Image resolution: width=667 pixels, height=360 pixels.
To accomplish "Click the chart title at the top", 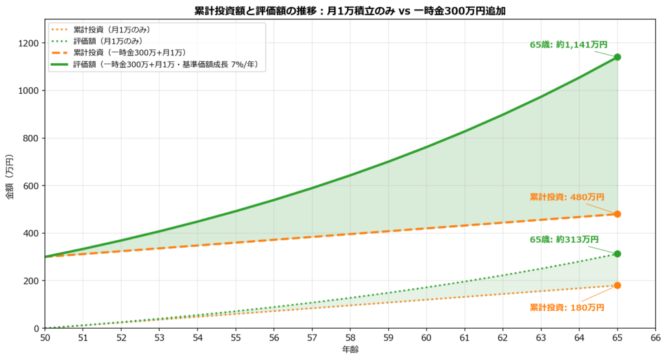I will tap(350, 11).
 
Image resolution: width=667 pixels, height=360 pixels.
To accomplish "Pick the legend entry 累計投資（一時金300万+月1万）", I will tap(120, 53).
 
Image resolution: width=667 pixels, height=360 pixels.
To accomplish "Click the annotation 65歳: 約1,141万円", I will tap(568, 45).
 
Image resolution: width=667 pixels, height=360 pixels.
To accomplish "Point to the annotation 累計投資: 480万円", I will tap(567, 197).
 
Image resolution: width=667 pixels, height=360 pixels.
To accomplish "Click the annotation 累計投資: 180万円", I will tap(567, 307).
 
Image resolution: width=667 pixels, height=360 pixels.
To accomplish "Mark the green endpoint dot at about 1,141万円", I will tap(617, 57).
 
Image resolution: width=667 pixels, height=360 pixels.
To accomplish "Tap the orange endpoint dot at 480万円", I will tap(617, 214).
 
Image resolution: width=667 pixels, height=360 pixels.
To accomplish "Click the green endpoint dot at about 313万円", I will tap(617, 254).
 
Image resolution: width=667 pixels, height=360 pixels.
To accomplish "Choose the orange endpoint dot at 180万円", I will tap(617, 285).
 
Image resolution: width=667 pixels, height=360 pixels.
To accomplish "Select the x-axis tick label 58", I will tap(350, 339).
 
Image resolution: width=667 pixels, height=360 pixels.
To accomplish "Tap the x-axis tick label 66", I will tap(655, 339).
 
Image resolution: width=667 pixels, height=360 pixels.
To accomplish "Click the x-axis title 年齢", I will tap(350, 350).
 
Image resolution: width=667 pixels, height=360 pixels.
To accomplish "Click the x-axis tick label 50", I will tap(44, 339).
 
